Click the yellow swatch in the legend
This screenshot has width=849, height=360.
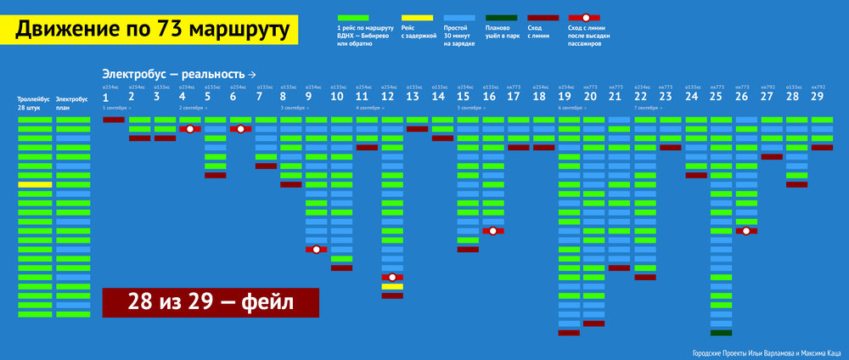[x=416, y=17]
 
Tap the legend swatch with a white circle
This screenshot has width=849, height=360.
[x=586, y=17]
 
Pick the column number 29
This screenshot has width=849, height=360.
[x=818, y=97]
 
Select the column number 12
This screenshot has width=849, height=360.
[x=388, y=97]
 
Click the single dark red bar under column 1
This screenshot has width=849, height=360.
[x=114, y=120]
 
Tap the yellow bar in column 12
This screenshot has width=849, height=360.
[x=392, y=286]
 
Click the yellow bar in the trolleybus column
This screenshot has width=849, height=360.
[x=35, y=184]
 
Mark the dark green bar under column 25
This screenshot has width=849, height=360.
[x=722, y=333]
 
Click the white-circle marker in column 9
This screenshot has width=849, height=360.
[x=316, y=250]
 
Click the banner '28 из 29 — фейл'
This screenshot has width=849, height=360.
[x=210, y=301]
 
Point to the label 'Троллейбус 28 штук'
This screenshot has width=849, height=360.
[x=32, y=104]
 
